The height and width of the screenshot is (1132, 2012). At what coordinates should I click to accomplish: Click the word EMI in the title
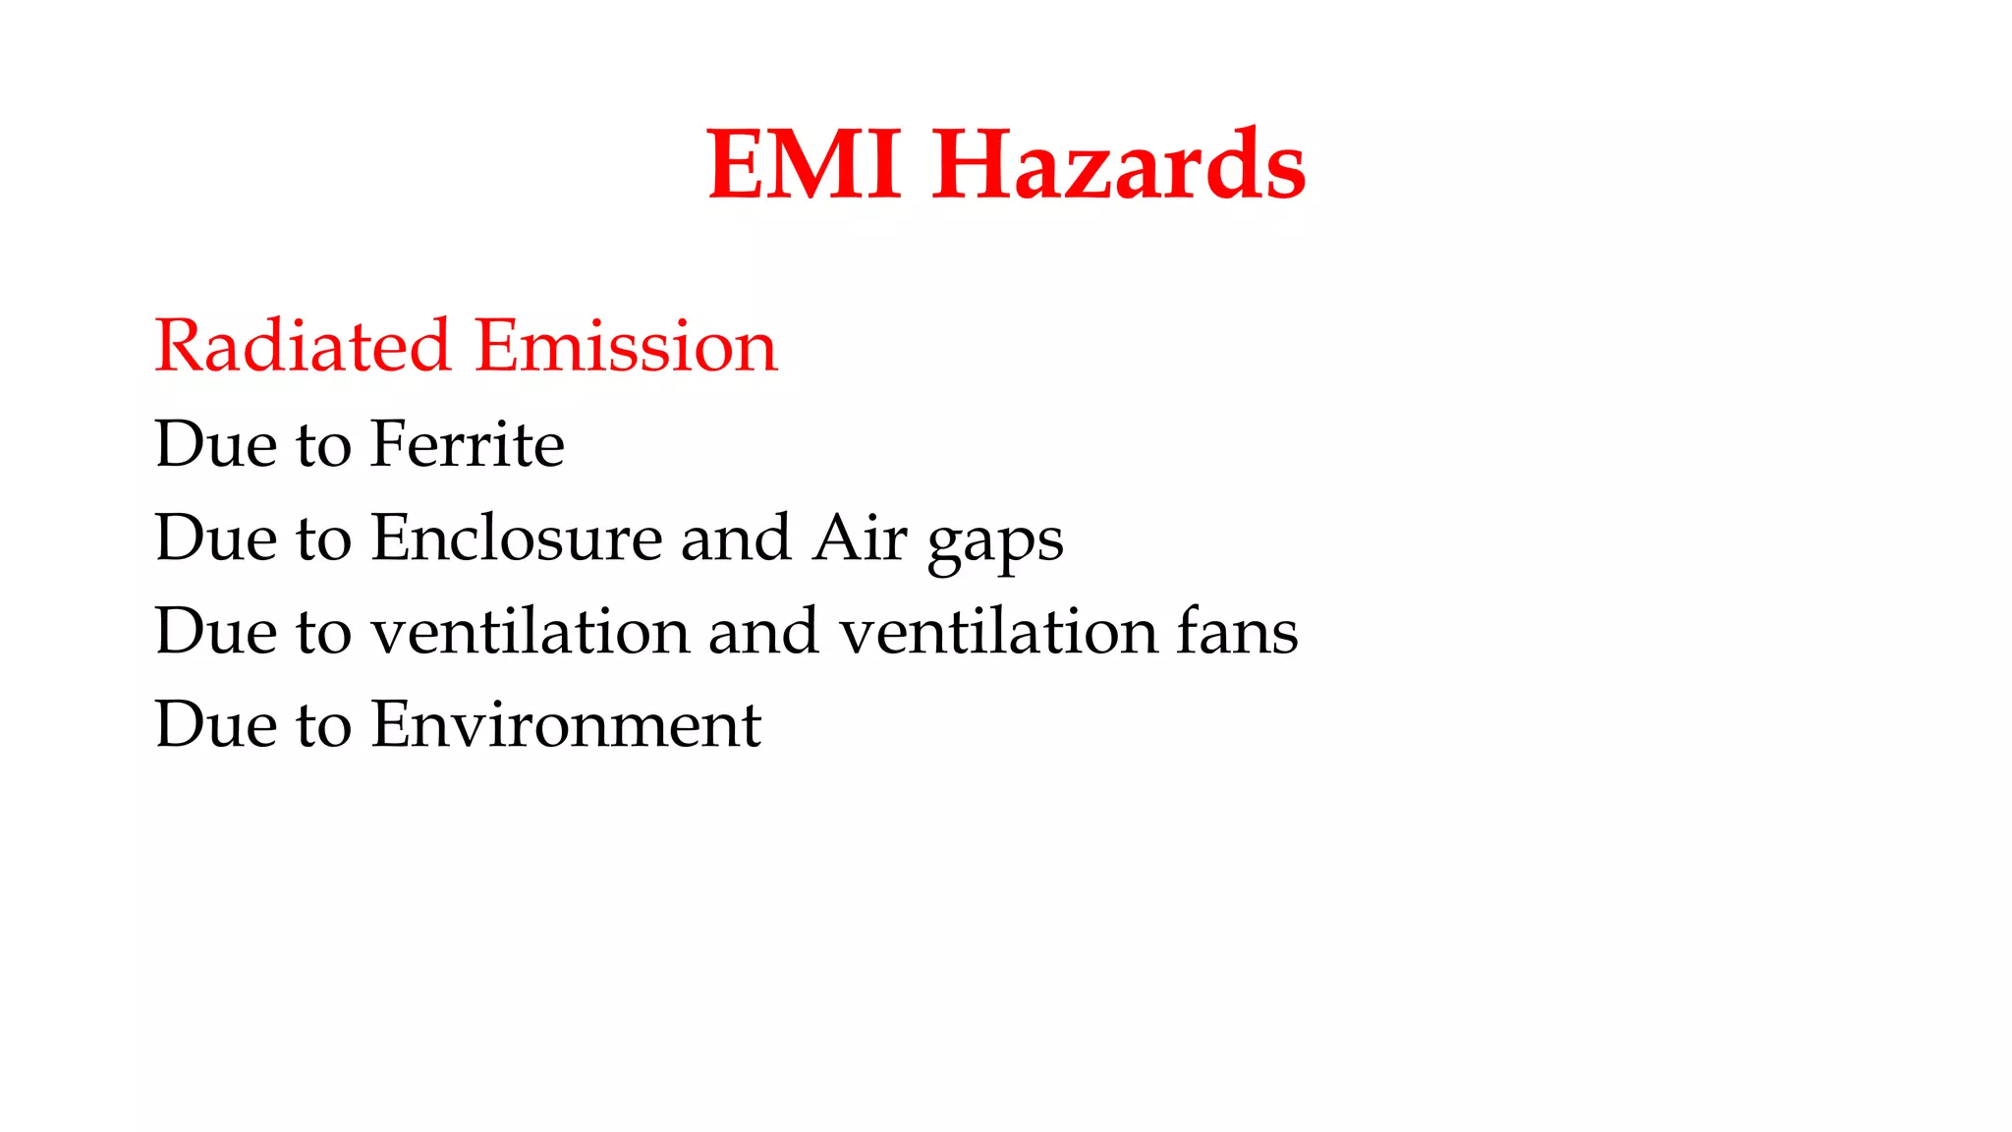click(804, 164)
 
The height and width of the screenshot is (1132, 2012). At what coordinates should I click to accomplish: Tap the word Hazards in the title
click(1119, 164)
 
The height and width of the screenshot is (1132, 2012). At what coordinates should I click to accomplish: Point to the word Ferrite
click(468, 443)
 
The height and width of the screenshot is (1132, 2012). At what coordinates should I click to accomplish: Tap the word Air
click(860, 538)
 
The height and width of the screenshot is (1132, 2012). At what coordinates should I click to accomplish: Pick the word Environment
click(566, 724)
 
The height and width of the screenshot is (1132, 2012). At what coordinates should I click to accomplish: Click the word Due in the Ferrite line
click(216, 443)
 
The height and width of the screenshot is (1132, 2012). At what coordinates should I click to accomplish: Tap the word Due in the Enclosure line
click(216, 538)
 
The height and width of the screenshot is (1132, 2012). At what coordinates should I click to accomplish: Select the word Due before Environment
click(216, 724)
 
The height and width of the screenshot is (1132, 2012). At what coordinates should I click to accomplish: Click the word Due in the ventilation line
click(216, 631)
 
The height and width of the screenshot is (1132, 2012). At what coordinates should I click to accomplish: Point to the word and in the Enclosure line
click(736, 538)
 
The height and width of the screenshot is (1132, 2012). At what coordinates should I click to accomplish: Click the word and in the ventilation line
click(763, 631)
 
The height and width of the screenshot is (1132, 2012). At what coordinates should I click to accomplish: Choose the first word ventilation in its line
click(531, 631)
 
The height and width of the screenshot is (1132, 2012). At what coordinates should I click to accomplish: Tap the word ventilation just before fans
click(998, 631)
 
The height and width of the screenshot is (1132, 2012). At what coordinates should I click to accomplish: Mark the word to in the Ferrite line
click(323, 445)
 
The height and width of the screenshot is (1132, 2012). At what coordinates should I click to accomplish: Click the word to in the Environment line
click(323, 726)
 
